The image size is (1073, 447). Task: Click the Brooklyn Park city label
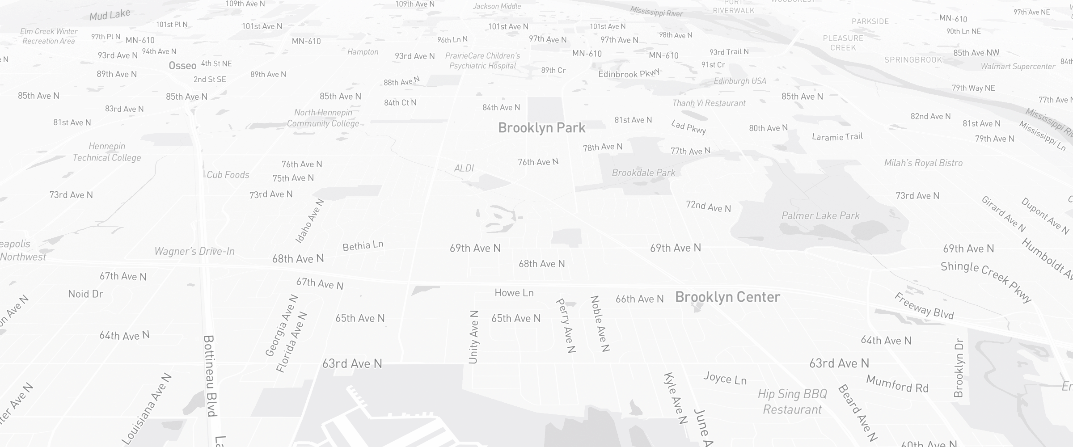click(541, 128)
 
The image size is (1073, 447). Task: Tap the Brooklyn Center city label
click(727, 297)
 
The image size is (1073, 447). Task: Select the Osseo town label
click(182, 66)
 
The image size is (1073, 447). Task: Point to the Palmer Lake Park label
click(820, 216)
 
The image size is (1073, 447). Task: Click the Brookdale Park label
click(643, 173)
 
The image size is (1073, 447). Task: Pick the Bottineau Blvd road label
click(210, 375)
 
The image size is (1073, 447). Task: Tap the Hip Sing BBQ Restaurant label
click(792, 401)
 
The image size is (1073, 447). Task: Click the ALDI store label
click(464, 168)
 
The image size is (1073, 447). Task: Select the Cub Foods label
click(228, 175)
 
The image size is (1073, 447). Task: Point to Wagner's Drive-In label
click(194, 251)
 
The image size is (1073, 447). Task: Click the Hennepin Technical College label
click(107, 152)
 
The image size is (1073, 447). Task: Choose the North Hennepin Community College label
click(323, 118)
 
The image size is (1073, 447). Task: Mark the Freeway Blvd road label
click(924, 306)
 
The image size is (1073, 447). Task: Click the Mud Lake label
click(110, 15)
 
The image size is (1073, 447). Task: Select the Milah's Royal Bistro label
click(923, 163)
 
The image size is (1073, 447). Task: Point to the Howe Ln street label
click(514, 293)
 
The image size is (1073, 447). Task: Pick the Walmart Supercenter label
click(1018, 67)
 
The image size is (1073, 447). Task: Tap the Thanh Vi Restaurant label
click(709, 103)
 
